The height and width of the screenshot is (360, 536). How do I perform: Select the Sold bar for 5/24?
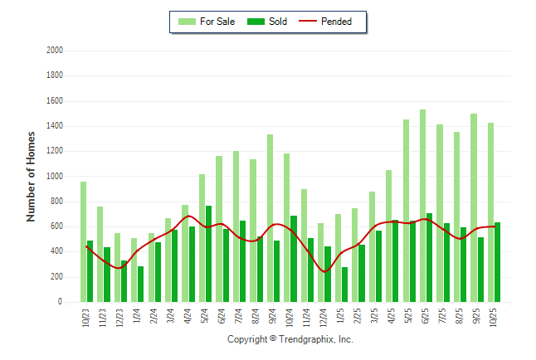tap(209, 254)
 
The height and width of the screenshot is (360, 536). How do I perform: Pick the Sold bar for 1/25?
tap(344, 285)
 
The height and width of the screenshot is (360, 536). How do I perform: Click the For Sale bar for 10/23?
tap(83, 241)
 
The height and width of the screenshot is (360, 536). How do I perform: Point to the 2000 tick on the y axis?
tap(55, 51)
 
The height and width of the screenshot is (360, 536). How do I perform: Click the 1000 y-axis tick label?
tap(55, 177)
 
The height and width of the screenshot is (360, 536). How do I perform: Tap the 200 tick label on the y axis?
tap(57, 277)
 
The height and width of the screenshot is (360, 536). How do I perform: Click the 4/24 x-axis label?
tap(188, 318)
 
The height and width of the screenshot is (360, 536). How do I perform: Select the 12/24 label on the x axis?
tap(324, 318)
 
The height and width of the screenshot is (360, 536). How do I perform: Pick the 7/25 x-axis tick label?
tap(443, 318)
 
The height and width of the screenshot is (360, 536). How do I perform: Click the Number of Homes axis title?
tap(32, 176)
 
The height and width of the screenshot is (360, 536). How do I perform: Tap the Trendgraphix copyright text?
tap(290, 339)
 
